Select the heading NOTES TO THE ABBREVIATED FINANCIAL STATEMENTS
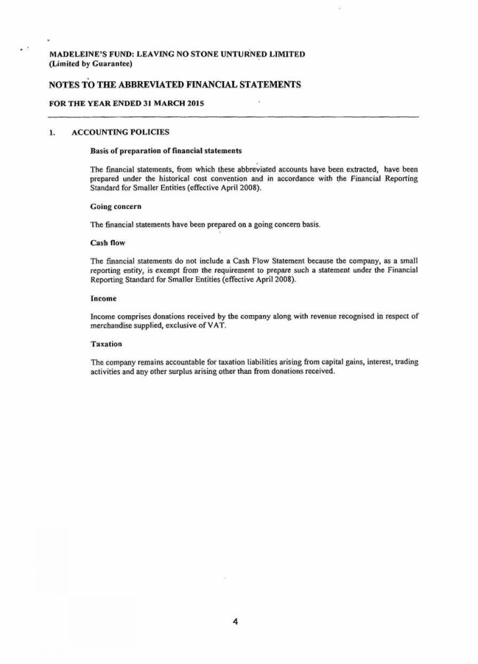[175, 85]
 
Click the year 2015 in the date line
[193, 104]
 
